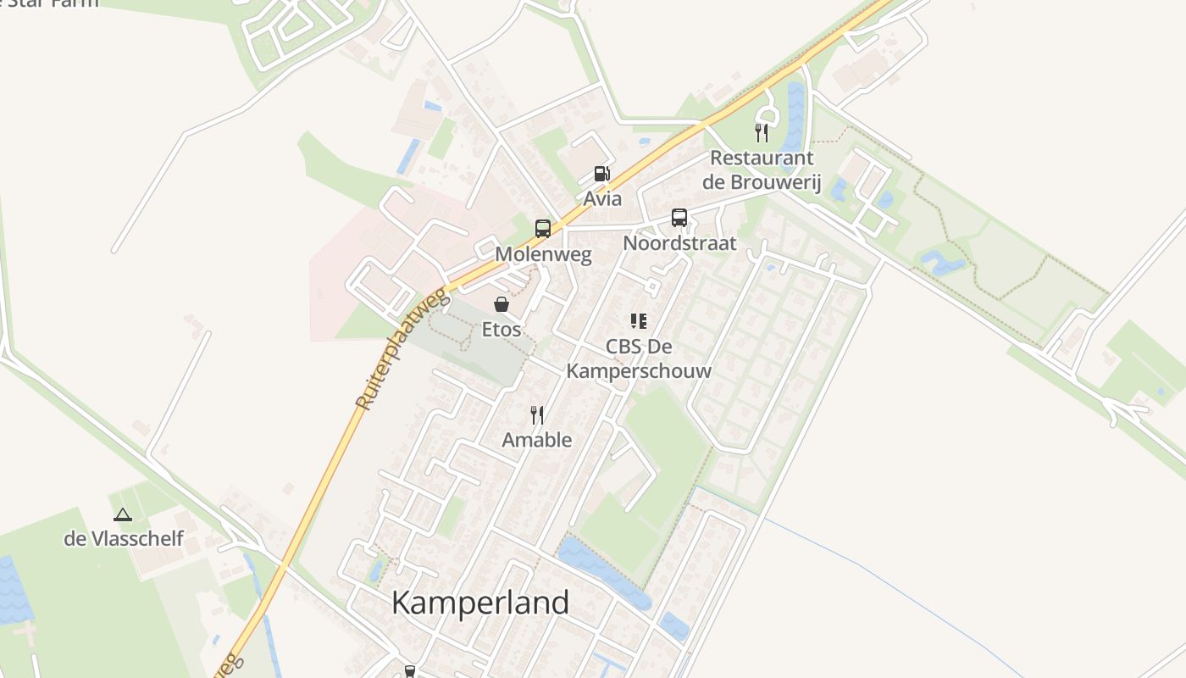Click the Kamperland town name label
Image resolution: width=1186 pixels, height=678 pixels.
point(480,603)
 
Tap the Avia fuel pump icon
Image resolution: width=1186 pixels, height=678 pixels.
point(601,174)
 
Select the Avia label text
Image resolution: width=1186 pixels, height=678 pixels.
point(602,199)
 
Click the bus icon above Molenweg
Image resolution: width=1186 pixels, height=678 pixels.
point(543,228)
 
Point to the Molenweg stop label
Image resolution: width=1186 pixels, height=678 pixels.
point(543,254)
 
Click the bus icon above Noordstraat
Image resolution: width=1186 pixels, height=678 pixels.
point(679,218)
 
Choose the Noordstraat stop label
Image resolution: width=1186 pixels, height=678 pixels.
point(679,243)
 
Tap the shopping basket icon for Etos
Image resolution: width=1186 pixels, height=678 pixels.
point(502,303)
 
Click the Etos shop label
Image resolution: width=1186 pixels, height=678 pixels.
point(502,329)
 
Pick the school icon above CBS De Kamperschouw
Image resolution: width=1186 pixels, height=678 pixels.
point(639,321)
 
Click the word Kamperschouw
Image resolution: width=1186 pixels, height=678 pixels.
point(639,371)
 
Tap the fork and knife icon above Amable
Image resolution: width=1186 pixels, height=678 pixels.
point(537,414)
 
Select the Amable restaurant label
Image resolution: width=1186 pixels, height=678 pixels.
point(537,440)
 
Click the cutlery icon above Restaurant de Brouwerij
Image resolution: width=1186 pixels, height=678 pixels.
point(762,132)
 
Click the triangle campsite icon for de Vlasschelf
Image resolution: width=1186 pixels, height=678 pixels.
point(123,514)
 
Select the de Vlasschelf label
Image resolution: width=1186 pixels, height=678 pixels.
point(124,538)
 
